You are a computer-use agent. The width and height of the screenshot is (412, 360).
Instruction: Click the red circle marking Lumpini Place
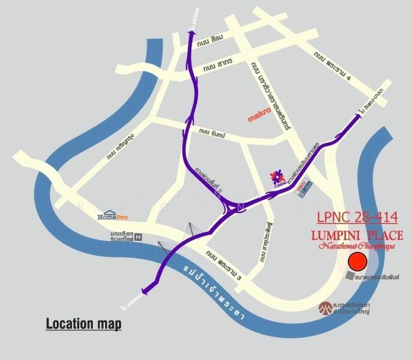click(x=358, y=262)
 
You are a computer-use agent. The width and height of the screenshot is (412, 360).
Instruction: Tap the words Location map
click(x=83, y=325)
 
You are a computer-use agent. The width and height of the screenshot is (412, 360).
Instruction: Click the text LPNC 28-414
click(x=357, y=217)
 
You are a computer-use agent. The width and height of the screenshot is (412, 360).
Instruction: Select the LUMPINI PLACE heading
click(x=357, y=235)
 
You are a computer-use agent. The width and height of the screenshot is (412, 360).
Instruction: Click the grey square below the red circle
click(x=351, y=275)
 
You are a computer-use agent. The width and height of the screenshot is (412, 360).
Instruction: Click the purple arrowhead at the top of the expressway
click(x=193, y=35)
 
